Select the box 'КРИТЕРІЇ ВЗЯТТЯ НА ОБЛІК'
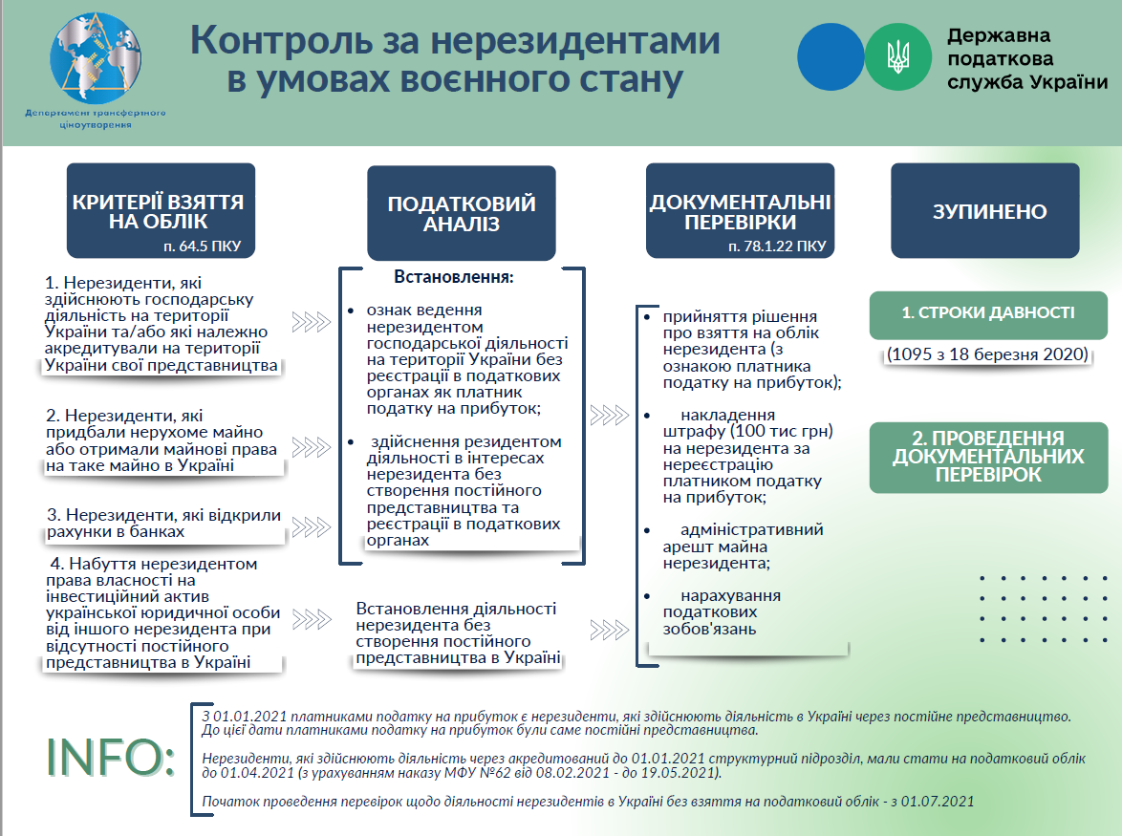tap(161, 211)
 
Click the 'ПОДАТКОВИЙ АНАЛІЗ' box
tap(462, 212)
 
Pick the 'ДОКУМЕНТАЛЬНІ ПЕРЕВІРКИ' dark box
tap(740, 211)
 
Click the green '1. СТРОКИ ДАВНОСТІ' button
tap(988, 314)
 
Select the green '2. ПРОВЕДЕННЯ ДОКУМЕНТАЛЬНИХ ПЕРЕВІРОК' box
tap(988, 457)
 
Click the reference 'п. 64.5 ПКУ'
tap(202, 246)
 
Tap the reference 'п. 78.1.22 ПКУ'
tap(776, 246)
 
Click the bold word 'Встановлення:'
tap(454, 278)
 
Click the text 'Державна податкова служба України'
tap(1026, 58)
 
